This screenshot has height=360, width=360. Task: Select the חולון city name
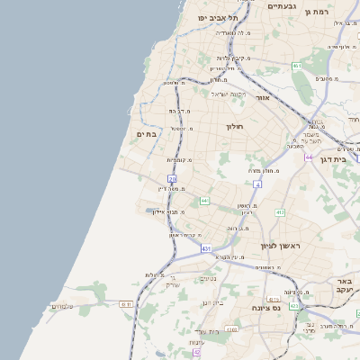coord(237,127)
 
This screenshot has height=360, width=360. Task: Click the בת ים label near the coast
coord(147,134)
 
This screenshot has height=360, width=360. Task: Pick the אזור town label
coord(263,97)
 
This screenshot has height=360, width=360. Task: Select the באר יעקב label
coord(344,285)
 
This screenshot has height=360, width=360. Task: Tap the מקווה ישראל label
coord(228,93)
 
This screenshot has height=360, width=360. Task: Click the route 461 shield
coord(297,66)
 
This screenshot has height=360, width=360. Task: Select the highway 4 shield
coord(257,184)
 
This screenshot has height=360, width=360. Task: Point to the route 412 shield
coord(280,212)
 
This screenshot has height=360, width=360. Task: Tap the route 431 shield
coord(206,247)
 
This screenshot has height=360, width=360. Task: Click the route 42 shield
coord(196,353)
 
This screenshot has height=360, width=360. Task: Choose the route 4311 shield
coord(126,304)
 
